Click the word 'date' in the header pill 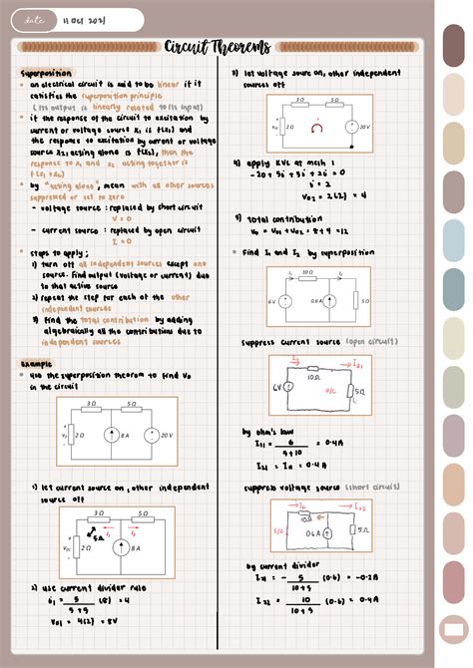[34, 20]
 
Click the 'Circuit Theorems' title [217, 47]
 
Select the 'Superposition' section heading [46, 74]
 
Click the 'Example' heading [37, 364]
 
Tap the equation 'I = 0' [121, 240]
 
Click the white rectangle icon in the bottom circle [454, 630]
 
